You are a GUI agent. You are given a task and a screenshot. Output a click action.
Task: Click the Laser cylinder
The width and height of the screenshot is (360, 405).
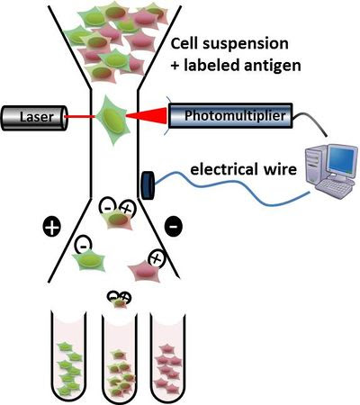coord(34,118)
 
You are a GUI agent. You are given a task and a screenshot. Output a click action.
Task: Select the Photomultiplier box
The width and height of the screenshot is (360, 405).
coord(230,116)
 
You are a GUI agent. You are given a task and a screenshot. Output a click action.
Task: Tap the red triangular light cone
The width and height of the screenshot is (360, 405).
coord(147,115)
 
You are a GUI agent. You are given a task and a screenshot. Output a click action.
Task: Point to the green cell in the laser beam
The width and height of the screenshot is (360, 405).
coord(113,119)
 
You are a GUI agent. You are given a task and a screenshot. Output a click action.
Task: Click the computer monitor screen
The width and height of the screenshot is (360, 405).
coord(341,159)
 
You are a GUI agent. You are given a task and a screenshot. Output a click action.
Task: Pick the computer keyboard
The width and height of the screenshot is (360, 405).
coord(334,188)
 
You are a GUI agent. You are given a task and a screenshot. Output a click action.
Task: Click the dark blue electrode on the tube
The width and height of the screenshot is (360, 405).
coord(148,185)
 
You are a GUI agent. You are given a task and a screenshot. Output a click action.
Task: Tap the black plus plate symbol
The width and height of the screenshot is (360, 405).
coord(52,227)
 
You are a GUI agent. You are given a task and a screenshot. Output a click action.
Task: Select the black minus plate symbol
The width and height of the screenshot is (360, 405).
coord(174,226)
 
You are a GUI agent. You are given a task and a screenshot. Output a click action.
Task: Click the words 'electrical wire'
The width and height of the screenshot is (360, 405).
coord(244,169)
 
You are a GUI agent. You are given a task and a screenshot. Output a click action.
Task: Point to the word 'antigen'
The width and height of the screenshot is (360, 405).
coord(273,66)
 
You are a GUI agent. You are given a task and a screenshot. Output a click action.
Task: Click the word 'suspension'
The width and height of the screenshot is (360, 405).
coord(246,44)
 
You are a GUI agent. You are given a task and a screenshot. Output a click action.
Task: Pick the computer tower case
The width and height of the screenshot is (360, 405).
coord(314,166)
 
